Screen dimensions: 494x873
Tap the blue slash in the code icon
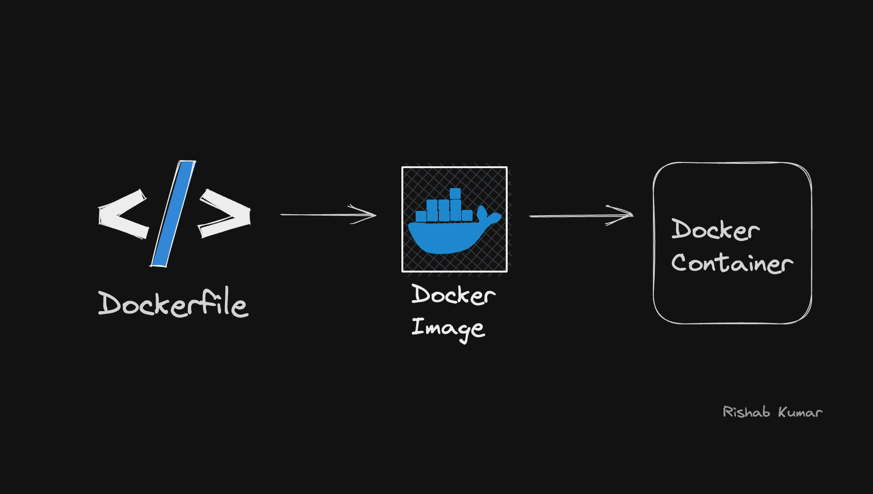coord(173,214)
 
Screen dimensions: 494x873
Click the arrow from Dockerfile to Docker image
coord(327,215)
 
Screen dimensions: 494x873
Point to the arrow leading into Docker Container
coord(581,216)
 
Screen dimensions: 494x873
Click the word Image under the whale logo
coord(448,328)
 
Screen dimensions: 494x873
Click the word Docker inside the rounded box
coord(715,230)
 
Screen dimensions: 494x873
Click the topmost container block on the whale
coord(455,193)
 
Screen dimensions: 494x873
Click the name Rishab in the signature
coord(746,412)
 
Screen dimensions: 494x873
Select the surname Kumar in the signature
coord(800,412)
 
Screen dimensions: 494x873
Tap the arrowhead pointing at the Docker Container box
coord(624,215)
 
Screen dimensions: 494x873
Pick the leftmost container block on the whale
coord(420,216)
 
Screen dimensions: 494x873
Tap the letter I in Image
coord(418,326)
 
